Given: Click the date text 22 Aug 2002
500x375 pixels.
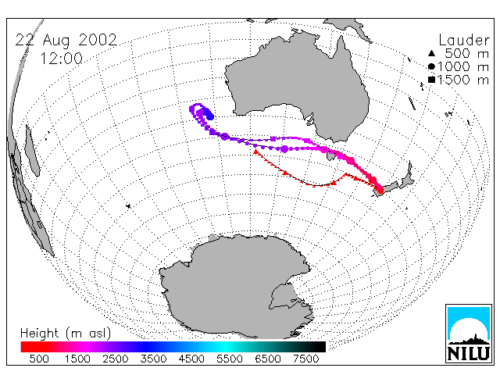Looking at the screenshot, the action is [x=66, y=40].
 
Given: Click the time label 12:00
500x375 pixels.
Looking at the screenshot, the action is [x=62, y=59].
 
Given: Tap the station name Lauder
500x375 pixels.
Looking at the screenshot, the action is [x=464, y=40].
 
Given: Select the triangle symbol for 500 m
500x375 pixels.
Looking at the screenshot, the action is [x=431, y=54].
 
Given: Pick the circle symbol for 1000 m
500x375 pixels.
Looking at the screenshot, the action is [x=431, y=66].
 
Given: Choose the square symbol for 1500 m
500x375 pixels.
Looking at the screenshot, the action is [x=431, y=80].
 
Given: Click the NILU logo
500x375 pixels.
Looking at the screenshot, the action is [x=469, y=334].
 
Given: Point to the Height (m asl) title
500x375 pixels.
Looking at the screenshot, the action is [x=66, y=334].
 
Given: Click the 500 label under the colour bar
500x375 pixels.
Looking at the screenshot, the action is [x=39, y=359].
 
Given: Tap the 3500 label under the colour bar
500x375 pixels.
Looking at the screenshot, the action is [x=153, y=359].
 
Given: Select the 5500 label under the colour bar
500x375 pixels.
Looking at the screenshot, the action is [x=229, y=359].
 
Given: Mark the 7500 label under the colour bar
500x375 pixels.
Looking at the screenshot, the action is [x=305, y=359].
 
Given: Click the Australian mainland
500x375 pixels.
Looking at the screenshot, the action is [x=300, y=83].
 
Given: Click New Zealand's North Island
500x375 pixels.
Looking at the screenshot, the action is [x=406, y=177].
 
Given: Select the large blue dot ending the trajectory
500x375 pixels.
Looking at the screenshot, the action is [x=209, y=115].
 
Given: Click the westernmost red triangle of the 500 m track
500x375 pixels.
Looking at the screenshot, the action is [x=255, y=152].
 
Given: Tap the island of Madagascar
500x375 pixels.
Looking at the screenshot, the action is [x=32, y=151].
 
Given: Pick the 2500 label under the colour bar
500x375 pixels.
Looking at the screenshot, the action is [x=115, y=359].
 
